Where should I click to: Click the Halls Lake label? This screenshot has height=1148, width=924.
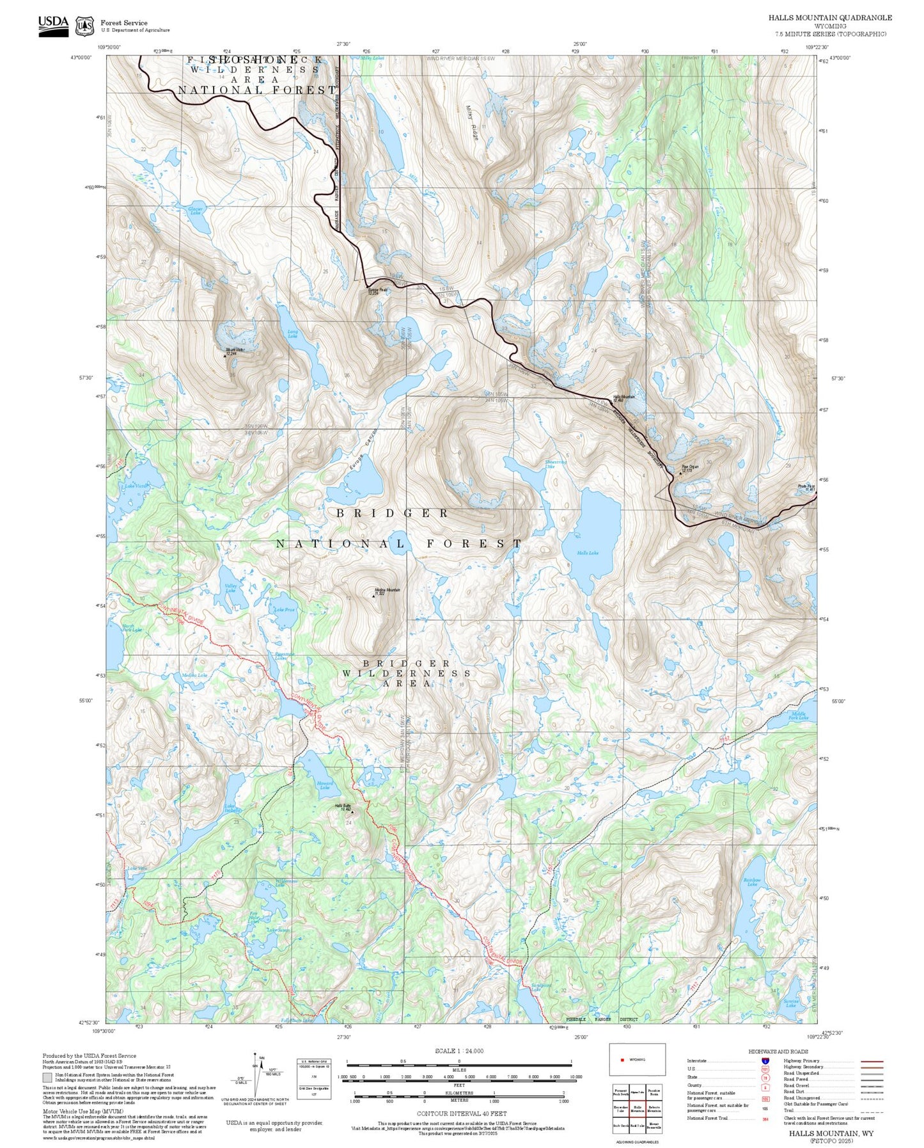(x=587, y=553)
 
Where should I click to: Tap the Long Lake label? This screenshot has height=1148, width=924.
(x=293, y=333)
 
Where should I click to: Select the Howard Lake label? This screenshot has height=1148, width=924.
(x=325, y=785)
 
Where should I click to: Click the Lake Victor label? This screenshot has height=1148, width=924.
(x=136, y=486)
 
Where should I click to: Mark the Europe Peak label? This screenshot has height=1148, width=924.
(x=377, y=291)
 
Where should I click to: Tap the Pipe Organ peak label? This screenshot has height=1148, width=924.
(x=690, y=468)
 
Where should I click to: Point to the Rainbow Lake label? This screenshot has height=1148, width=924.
(x=752, y=882)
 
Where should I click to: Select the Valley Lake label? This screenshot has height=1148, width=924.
(x=231, y=587)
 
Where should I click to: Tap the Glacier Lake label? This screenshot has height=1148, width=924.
(x=196, y=211)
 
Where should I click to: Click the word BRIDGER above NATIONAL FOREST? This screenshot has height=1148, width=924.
(x=392, y=513)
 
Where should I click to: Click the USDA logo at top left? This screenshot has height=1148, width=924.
(x=53, y=23)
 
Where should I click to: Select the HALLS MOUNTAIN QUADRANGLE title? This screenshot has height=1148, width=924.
(x=829, y=18)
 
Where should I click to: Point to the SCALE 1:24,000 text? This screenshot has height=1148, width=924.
(x=458, y=1051)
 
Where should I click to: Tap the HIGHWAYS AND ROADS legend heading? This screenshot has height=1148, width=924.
(x=778, y=1051)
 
